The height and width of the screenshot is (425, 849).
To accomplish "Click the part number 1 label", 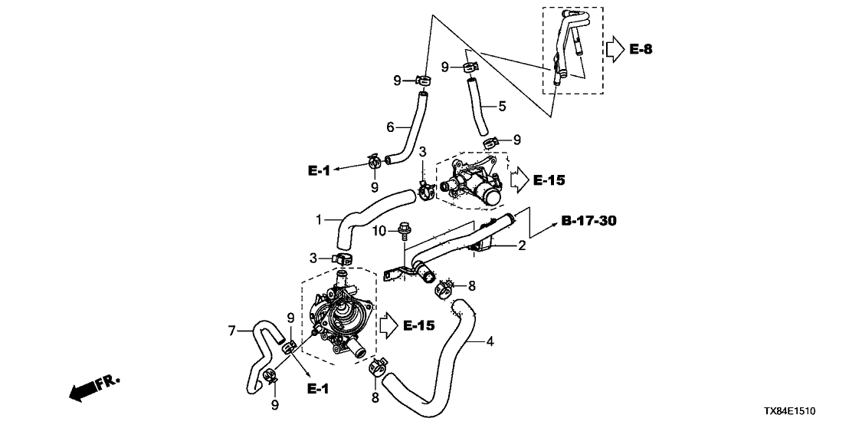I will point(319,219).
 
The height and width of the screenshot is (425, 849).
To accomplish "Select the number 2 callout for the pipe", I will point(521,246).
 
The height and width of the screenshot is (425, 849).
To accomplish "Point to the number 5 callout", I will point(502,107).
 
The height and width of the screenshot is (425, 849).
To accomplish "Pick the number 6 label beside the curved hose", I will point(390,127).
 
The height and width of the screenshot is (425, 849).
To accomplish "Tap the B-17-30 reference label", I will point(588,222).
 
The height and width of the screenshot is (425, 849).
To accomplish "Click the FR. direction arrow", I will point(89,389).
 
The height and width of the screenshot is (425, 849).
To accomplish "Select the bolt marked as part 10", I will point(402,229).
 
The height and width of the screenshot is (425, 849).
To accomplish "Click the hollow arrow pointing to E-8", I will point(615,50).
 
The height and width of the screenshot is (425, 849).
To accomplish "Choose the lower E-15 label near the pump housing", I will point(417,326).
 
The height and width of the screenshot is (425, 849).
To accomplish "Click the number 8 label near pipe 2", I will point(472,285).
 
